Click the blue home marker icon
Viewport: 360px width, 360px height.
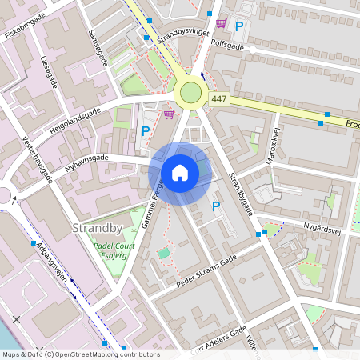[x=180, y=173]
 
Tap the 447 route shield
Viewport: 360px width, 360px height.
[x=219, y=98]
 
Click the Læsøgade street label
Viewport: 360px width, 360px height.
[x=49, y=71]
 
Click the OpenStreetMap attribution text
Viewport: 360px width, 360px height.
[x=80, y=354]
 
